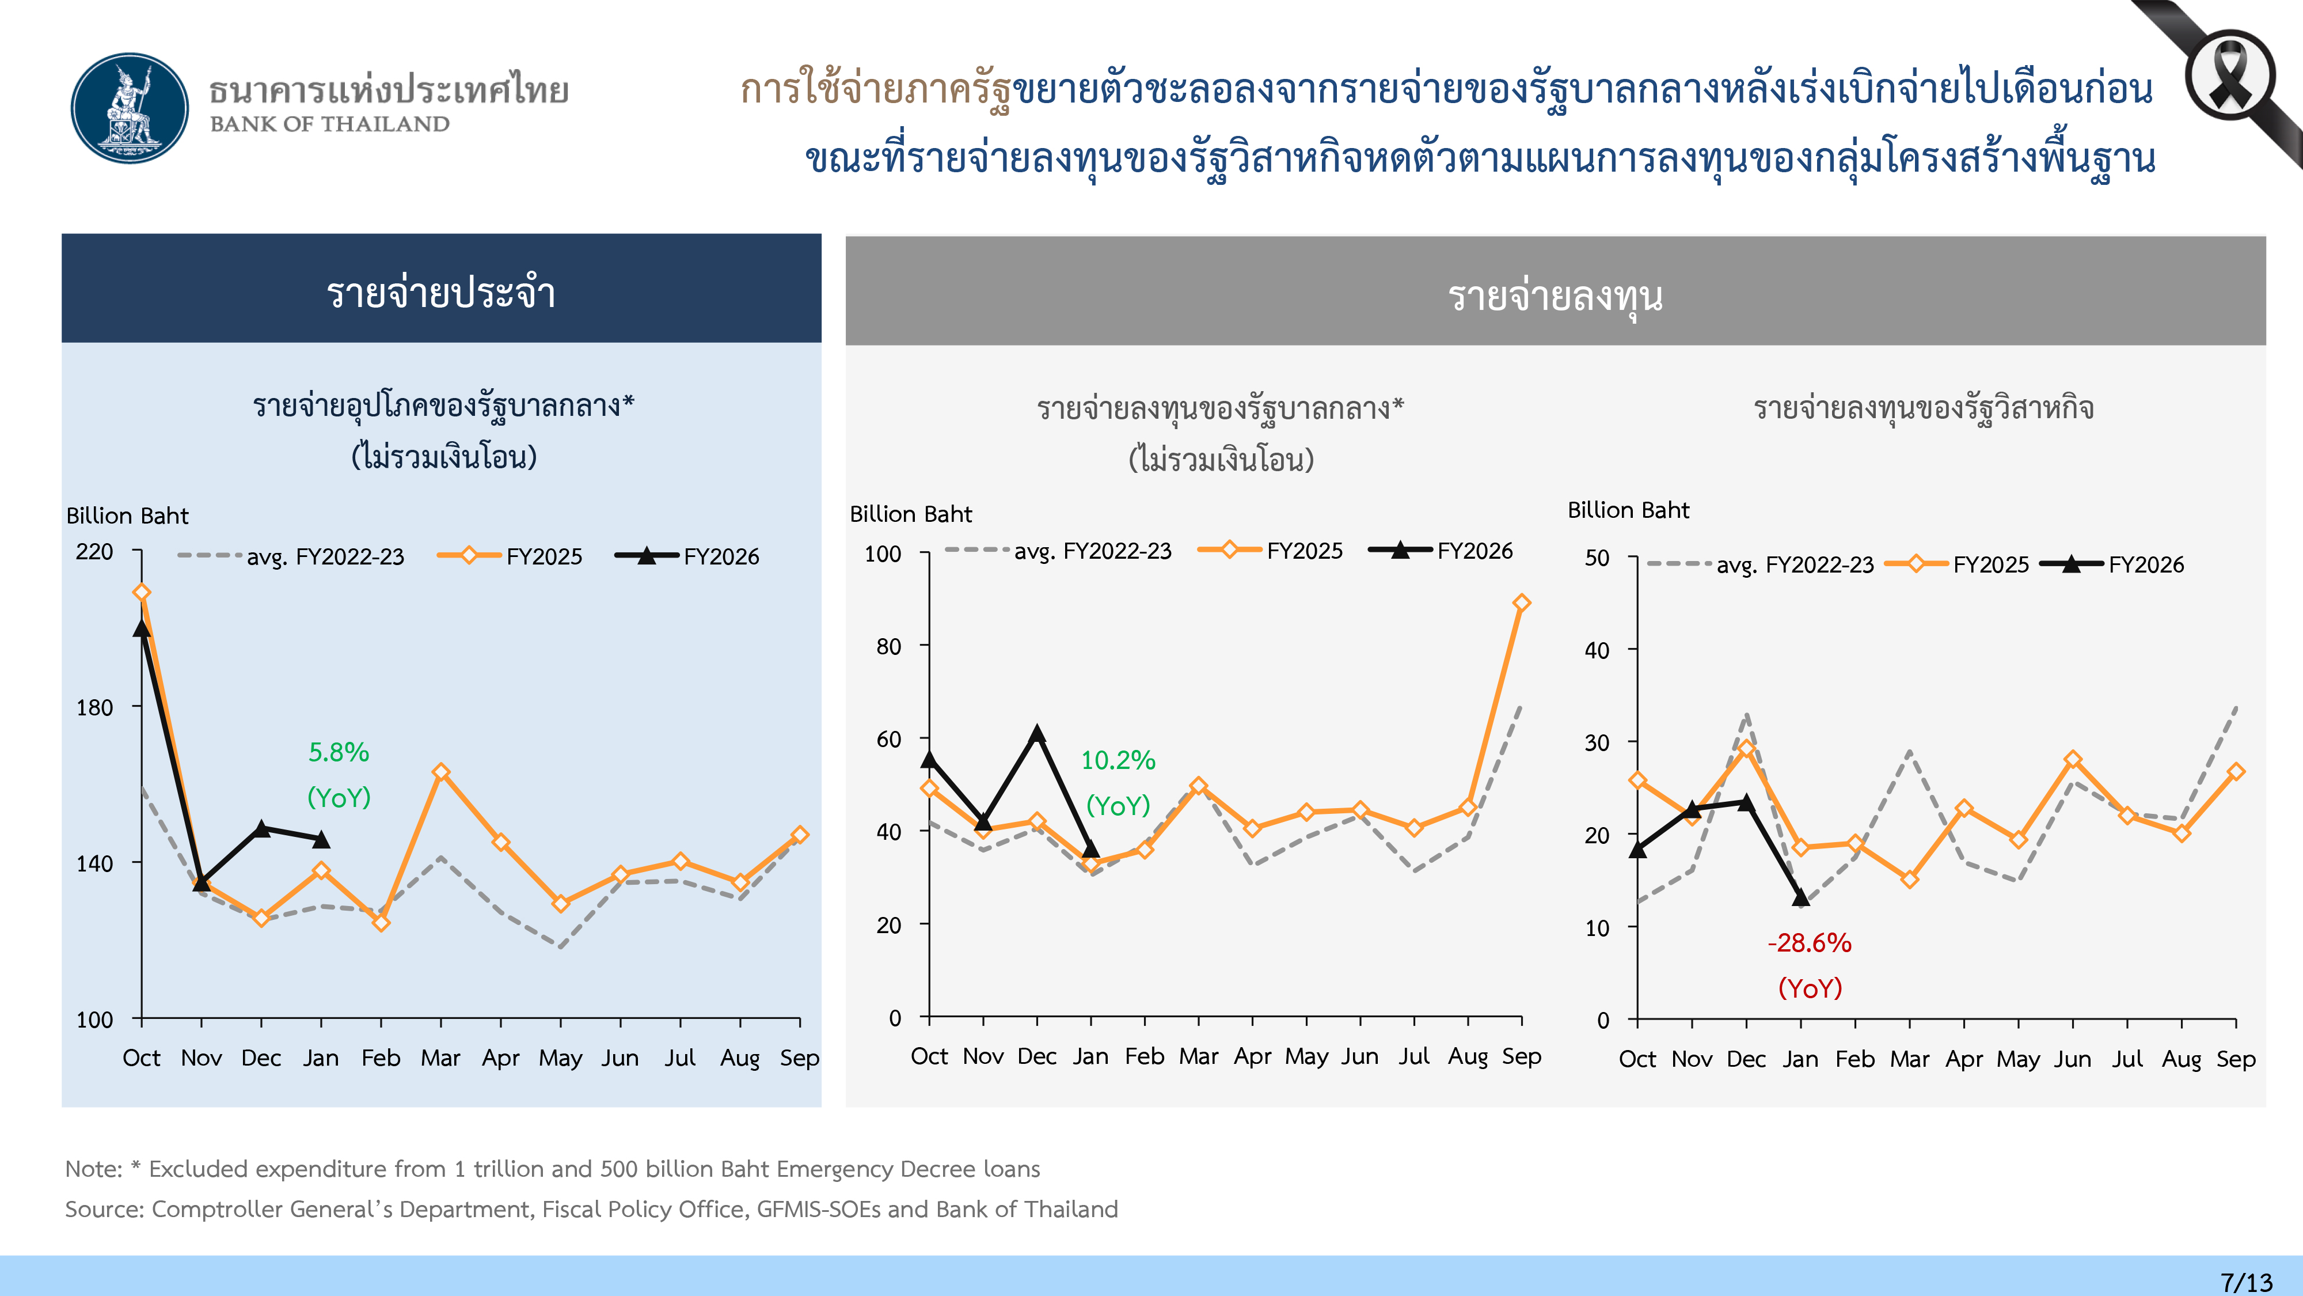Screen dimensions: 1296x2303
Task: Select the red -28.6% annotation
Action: [1810, 943]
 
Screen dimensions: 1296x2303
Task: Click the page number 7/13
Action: [2246, 1282]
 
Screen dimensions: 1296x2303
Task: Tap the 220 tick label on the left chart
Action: [95, 552]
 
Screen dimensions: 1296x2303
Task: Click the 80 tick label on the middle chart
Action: [888, 647]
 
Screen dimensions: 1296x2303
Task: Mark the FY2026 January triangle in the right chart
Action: [1800, 897]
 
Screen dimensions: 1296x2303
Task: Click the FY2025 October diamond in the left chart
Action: [141, 592]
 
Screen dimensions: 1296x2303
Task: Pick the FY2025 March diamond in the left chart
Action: [441, 772]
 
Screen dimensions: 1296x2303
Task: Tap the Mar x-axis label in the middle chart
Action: [1198, 1057]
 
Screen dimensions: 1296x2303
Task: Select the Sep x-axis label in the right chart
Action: [2235, 1060]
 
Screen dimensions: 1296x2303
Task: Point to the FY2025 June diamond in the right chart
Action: [2072, 759]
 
